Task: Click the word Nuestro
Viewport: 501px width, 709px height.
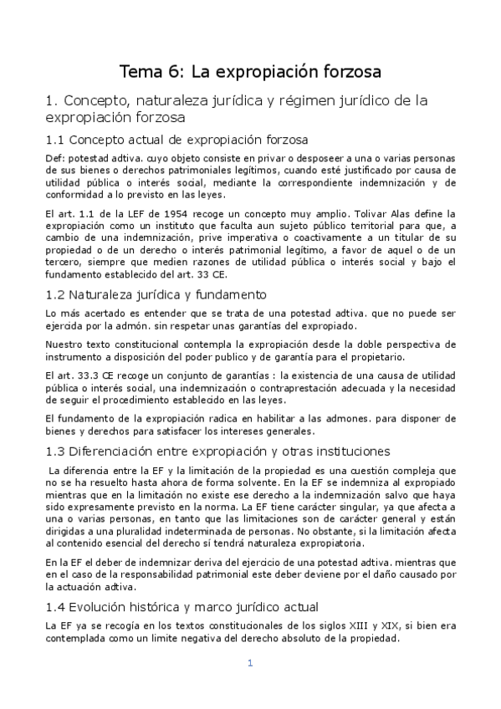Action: pyautogui.click(x=64, y=344)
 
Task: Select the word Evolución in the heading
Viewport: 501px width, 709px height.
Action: pyautogui.click(x=101, y=605)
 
